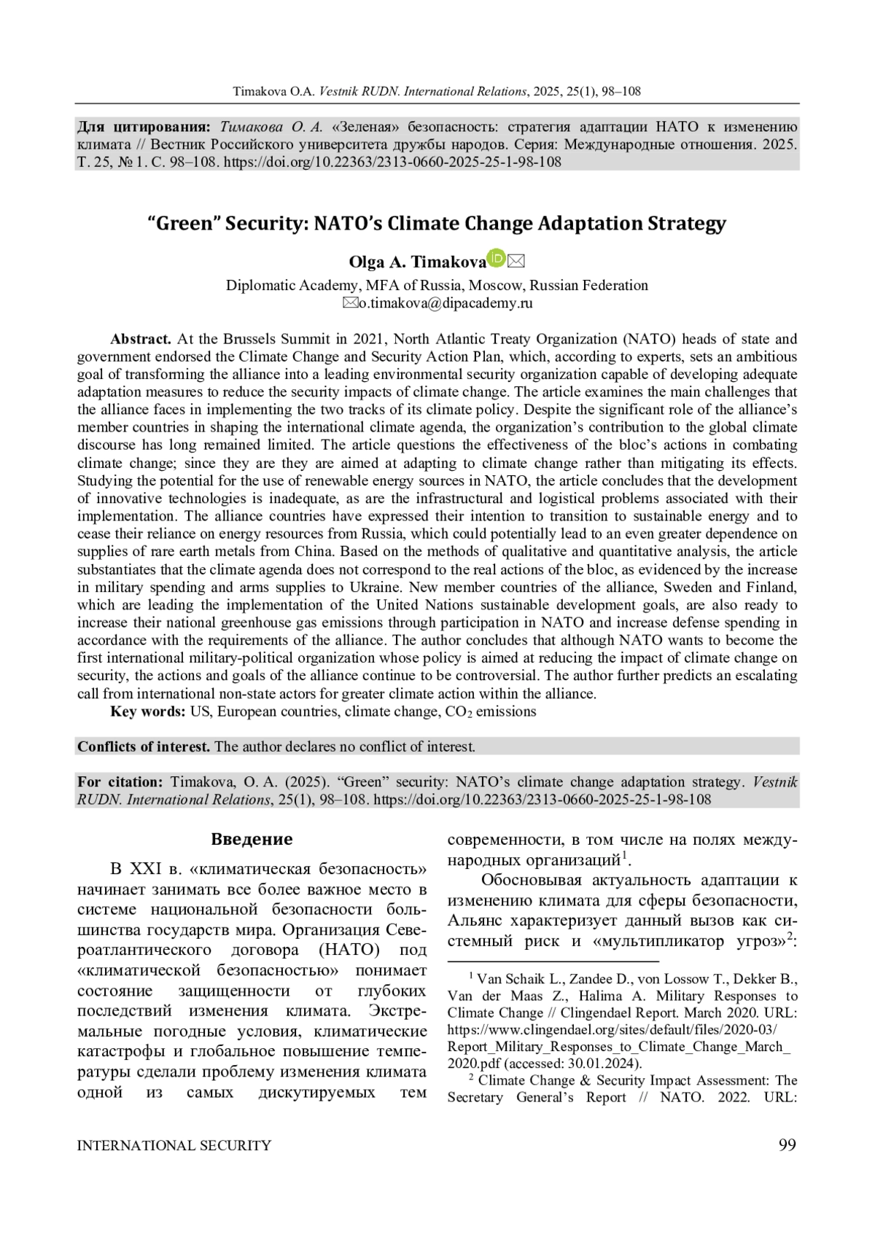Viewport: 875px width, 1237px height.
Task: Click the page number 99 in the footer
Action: coord(787,1144)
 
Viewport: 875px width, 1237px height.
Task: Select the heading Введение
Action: coord(252,839)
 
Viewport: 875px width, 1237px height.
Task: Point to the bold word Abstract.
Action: coord(141,339)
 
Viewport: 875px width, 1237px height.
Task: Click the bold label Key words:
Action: coord(148,711)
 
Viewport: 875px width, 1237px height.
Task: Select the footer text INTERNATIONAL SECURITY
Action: coord(174,1145)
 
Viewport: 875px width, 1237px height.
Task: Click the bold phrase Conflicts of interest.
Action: coord(144,746)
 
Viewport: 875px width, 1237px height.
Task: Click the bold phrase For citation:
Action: coord(120,782)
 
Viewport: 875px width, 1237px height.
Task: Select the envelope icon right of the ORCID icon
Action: coord(516,260)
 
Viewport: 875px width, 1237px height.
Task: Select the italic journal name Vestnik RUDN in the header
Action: coord(358,92)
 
